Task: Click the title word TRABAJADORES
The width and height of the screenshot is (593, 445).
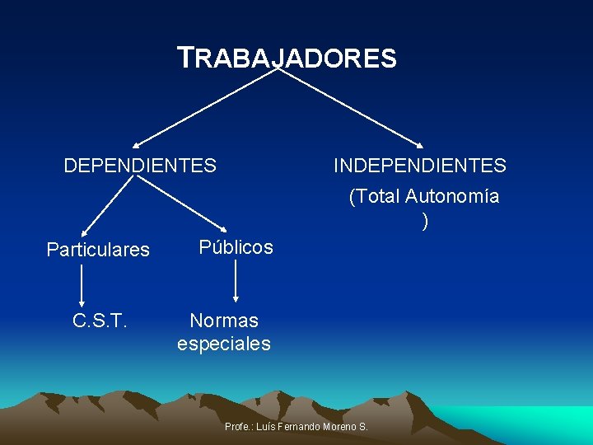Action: tap(287, 59)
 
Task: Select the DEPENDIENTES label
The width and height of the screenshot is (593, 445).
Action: tap(140, 166)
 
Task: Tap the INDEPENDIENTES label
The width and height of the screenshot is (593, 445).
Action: tap(419, 166)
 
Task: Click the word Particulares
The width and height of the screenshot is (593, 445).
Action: tap(98, 249)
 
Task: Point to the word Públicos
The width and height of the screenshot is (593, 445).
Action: tap(236, 247)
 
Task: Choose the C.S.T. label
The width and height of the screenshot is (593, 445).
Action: tap(100, 321)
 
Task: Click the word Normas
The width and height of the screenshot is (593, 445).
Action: tap(224, 321)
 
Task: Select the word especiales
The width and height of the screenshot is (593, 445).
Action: tap(224, 344)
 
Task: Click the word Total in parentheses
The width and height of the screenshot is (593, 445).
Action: tap(376, 197)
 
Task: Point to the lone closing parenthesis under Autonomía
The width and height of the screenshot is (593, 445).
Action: tap(424, 221)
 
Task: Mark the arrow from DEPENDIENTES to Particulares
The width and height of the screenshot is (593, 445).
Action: tap(107, 206)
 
